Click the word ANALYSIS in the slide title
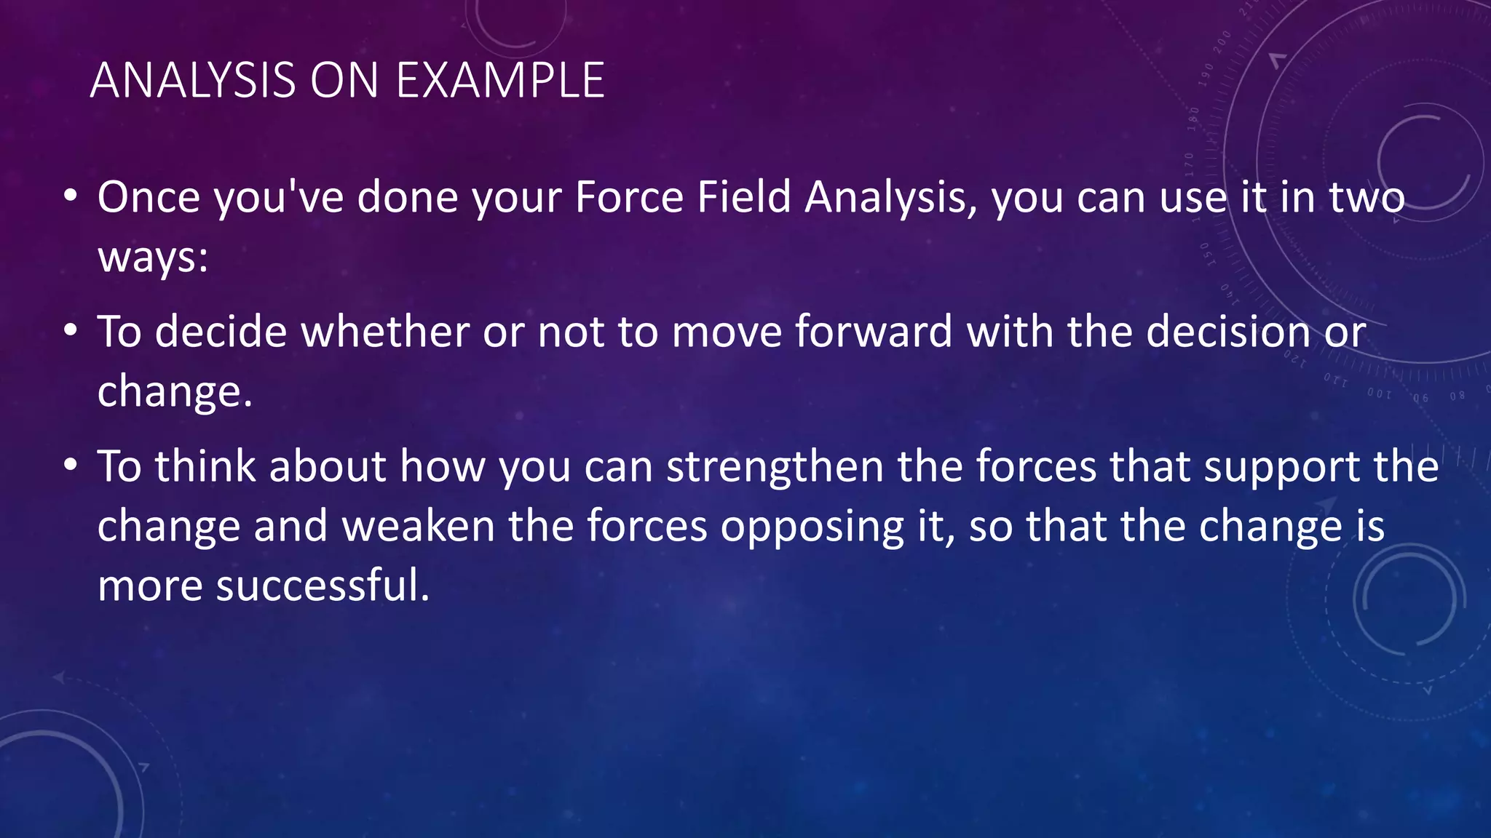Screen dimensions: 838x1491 (x=193, y=80)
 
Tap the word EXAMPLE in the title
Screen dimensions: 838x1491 (x=500, y=80)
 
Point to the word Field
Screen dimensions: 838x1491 (x=743, y=198)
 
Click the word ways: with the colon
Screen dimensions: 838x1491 (x=153, y=258)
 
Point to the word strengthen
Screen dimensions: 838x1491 (x=775, y=466)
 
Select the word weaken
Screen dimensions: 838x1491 (x=419, y=527)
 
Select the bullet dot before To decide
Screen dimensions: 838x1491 (x=70, y=331)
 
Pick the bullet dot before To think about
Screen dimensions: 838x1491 (x=70, y=465)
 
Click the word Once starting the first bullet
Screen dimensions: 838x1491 (x=149, y=198)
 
